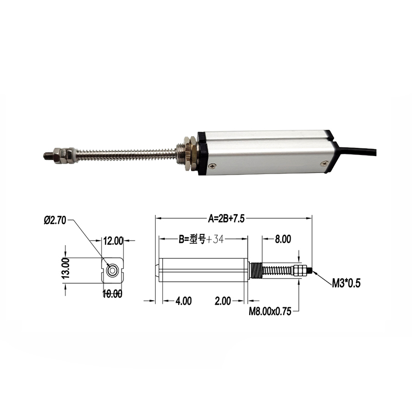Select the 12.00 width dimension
coord(113,241)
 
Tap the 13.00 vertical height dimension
coord(65,269)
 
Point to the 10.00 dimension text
coord(113,294)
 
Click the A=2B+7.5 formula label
coord(226,218)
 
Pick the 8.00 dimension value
coord(283,239)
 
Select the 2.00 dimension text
coord(222,301)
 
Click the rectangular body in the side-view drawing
coord(203,269)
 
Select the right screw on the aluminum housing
coord(323,163)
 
